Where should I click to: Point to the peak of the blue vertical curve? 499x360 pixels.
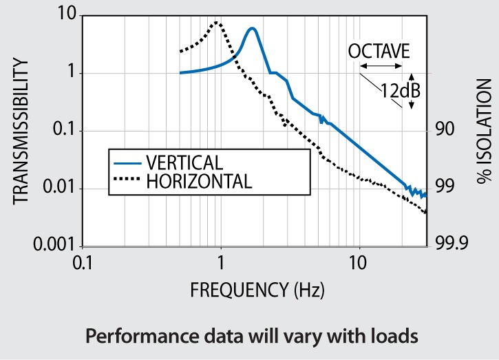tap(253, 28)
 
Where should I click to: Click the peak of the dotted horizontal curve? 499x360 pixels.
tap(217, 22)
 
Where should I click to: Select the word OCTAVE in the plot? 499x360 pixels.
tap(379, 52)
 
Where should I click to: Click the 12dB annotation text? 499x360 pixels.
tap(401, 90)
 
